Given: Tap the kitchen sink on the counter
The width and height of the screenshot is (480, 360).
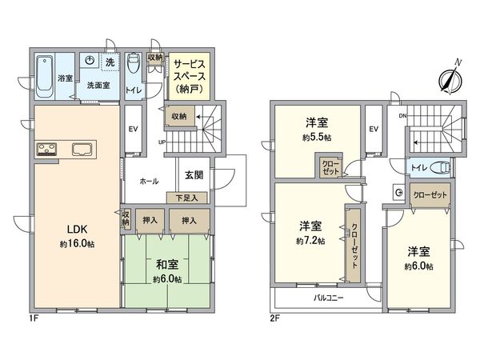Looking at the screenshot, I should tap(82, 149).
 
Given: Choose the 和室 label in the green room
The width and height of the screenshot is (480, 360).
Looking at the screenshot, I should tap(167, 265).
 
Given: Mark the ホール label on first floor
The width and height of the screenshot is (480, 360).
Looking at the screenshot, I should tap(148, 181).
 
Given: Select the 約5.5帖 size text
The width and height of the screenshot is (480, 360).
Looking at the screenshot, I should tap(317, 137).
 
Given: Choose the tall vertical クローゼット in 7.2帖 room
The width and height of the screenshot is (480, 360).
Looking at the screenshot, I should tap(353, 243).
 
